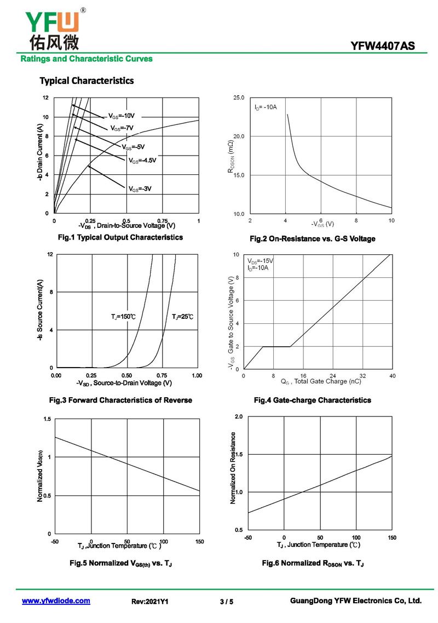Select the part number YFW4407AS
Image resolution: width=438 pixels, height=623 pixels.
pos(382,46)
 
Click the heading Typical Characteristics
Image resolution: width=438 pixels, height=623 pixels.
pos(87,81)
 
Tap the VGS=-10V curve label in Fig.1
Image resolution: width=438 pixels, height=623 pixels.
pos(122,116)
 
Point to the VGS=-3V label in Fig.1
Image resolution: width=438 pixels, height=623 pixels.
pos(140,188)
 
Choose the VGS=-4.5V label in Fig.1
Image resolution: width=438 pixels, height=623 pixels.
pos(142,161)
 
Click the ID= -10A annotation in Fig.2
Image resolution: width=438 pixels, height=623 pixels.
pos(266,107)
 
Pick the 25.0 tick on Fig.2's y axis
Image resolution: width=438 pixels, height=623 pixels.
pos(239,98)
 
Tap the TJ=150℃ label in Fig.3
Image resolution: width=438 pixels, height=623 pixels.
pos(123,317)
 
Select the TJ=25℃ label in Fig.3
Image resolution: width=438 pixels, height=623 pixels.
pos(183,317)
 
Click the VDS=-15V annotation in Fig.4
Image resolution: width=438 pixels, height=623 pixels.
pos(260,261)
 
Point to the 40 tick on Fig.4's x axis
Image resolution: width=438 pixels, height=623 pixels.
pos(393,375)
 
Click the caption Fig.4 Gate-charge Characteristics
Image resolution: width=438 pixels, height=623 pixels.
pos(313,400)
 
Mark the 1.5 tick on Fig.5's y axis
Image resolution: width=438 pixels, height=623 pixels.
pos(47,419)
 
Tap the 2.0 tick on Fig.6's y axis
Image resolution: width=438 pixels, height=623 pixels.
pos(239,416)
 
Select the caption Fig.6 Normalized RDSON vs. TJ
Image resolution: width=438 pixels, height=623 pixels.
pos(313,563)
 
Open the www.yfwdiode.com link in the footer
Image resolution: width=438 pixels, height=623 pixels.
pos(56,601)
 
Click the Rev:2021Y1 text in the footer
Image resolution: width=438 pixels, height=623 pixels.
pos(149,602)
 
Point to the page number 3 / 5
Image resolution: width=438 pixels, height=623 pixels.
pos(227,602)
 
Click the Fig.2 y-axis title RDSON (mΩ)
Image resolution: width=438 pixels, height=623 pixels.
pos(230,157)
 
